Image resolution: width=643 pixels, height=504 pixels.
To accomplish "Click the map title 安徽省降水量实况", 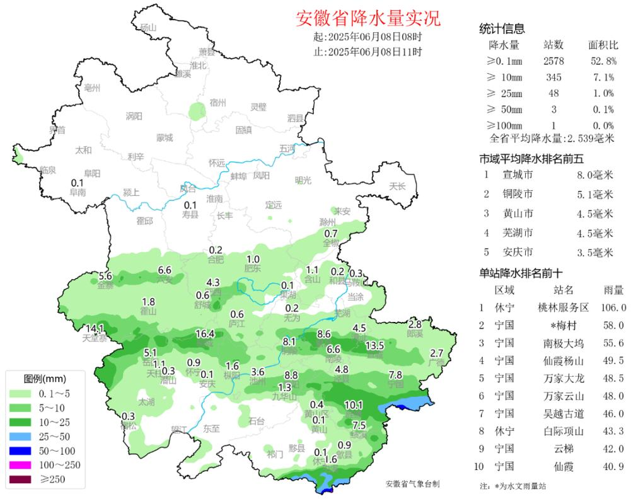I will pyautogui.click(x=368, y=18).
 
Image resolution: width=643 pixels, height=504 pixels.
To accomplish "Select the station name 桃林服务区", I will pyautogui.click(x=562, y=308).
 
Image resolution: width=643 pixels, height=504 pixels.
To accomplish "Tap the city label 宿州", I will pyautogui.click(x=217, y=102).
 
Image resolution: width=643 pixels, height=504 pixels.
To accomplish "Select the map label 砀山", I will pyautogui.click(x=148, y=27).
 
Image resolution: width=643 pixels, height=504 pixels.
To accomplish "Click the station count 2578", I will pyautogui.click(x=553, y=61).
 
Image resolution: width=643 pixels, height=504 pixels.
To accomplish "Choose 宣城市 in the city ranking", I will pyautogui.click(x=518, y=175).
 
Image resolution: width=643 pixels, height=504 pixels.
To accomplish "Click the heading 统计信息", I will pyautogui.click(x=502, y=28).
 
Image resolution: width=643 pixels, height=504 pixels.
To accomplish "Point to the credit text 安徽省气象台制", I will pyautogui.click(x=412, y=484).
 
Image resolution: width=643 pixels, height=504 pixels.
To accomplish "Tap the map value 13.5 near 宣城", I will pyautogui.click(x=374, y=346).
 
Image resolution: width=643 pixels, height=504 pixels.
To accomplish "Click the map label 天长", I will pyautogui.click(x=397, y=186).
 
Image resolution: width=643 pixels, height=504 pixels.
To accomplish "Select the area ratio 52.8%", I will pyautogui.click(x=603, y=61).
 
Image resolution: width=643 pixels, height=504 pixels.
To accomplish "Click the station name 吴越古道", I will pyautogui.click(x=562, y=414).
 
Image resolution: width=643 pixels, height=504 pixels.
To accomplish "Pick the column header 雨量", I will pyautogui.click(x=613, y=290).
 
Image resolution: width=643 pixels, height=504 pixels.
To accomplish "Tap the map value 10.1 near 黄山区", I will pyautogui.click(x=354, y=405).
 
